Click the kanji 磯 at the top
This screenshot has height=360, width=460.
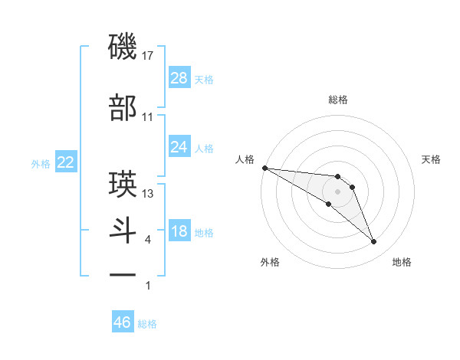coord(123,47)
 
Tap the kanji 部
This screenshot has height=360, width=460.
coord(123,108)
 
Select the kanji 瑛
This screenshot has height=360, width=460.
coord(123,185)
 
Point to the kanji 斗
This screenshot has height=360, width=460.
coord(123,231)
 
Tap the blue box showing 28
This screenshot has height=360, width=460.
coord(179,78)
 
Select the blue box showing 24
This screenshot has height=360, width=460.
coord(179,147)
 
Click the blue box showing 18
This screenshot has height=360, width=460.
coord(179,232)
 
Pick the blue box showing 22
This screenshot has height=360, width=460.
coord(66,163)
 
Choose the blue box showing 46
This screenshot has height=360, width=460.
coord(123,322)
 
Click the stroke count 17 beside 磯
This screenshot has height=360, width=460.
coord(149,56)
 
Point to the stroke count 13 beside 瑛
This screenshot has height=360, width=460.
coord(148,193)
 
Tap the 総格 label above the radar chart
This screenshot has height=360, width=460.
coord(337,100)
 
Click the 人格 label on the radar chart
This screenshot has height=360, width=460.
coord(245,159)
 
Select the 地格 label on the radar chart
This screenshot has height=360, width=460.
coord(402,263)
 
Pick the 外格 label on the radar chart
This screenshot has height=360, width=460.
coord(270,263)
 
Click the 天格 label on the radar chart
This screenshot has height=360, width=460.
coord(431,159)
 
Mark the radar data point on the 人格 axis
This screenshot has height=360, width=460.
coord(264,168)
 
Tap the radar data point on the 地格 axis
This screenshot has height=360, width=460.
coord(373,242)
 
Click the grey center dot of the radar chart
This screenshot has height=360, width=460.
coord(337,191)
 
